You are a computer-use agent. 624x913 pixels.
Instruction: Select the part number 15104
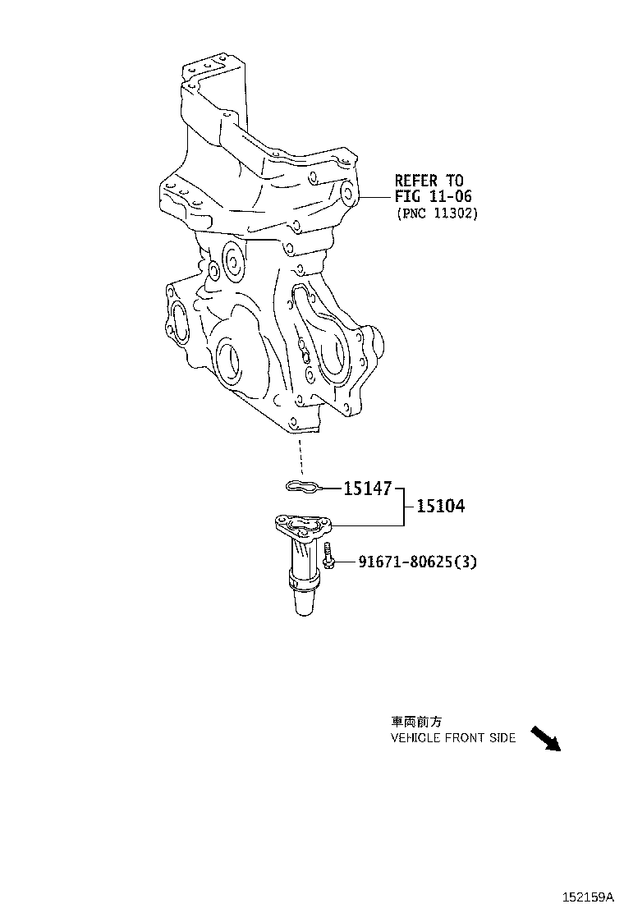click(440, 507)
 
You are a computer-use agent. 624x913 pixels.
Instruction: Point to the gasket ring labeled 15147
click(301, 488)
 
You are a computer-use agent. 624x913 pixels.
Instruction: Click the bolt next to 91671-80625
click(328, 557)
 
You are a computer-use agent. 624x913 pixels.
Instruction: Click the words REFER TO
click(429, 181)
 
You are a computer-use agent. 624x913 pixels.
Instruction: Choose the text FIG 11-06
click(434, 197)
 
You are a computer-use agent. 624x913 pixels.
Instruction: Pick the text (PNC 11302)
click(436, 213)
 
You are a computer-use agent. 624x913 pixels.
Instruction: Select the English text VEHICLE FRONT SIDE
click(452, 738)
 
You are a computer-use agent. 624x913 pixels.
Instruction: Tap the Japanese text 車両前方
click(416, 723)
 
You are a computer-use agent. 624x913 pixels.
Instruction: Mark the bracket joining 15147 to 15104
click(402, 507)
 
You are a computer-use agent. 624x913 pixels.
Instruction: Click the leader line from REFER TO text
click(374, 198)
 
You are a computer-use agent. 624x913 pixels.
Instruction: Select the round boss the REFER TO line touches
click(348, 195)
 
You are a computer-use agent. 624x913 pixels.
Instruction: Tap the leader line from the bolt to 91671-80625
click(344, 562)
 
